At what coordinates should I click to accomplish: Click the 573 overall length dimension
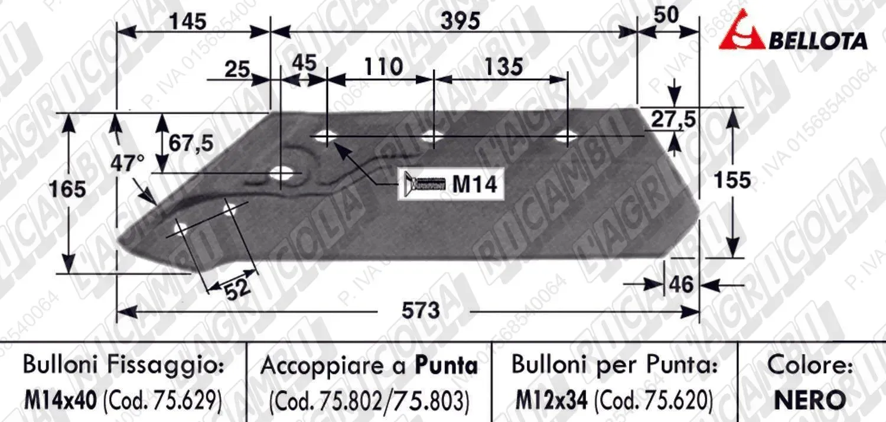coord(421,310)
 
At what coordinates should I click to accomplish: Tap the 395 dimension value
coord(460,21)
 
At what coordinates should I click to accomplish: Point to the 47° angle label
coord(128,163)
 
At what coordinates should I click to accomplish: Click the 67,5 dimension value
coord(191,143)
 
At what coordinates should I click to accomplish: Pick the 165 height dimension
coord(68,189)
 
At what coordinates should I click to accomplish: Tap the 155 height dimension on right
coord(732,180)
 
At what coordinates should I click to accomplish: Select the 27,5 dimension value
coord(673,119)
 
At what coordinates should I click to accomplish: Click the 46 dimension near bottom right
coord(680,284)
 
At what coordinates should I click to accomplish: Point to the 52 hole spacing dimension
coord(237,288)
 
